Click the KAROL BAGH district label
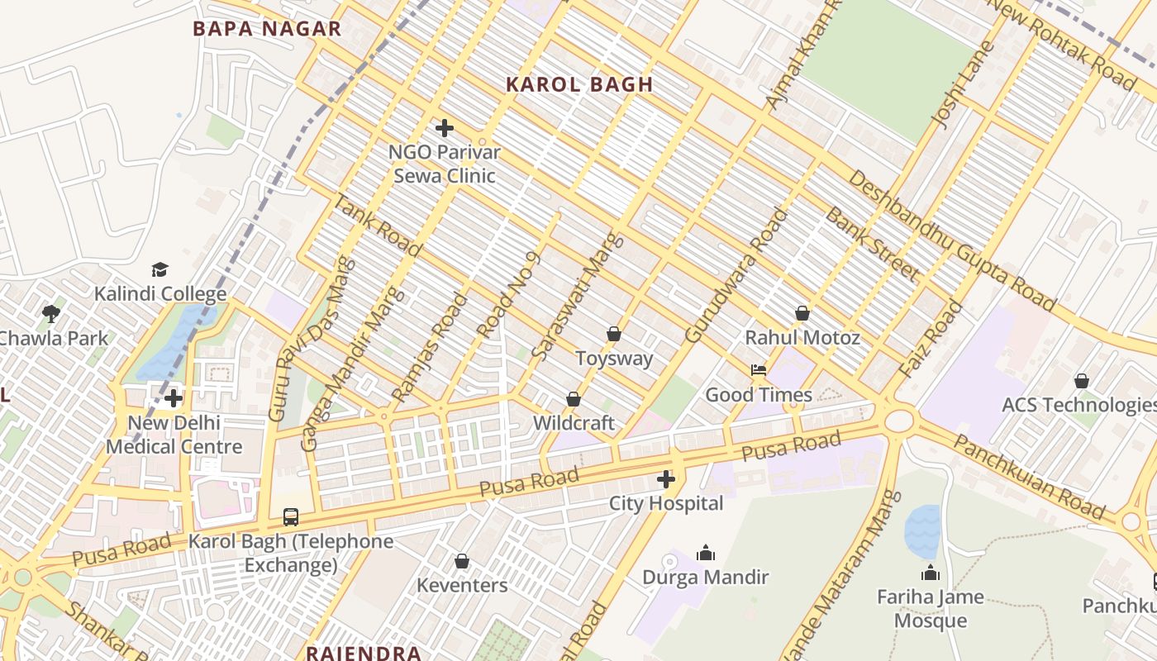[579, 84]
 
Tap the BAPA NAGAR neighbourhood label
[266, 29]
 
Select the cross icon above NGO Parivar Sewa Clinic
[445, 128]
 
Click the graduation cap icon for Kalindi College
[160, 270]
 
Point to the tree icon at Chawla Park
[51, 314]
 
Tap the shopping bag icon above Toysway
[614, 335]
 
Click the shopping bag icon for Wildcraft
[574, 399]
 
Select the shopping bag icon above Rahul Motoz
[802, 314]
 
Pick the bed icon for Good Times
[758, 371]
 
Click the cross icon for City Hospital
[666, 479]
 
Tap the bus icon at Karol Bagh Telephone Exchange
[291, 517]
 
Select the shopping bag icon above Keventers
[462, 562]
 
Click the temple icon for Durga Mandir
[706, 553]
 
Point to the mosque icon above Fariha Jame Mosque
[931, 573]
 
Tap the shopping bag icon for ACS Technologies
[1081, 381]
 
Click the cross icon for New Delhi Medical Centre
[174, 399]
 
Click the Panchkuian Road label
[1029, 478]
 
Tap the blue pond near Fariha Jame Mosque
[922, 530]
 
